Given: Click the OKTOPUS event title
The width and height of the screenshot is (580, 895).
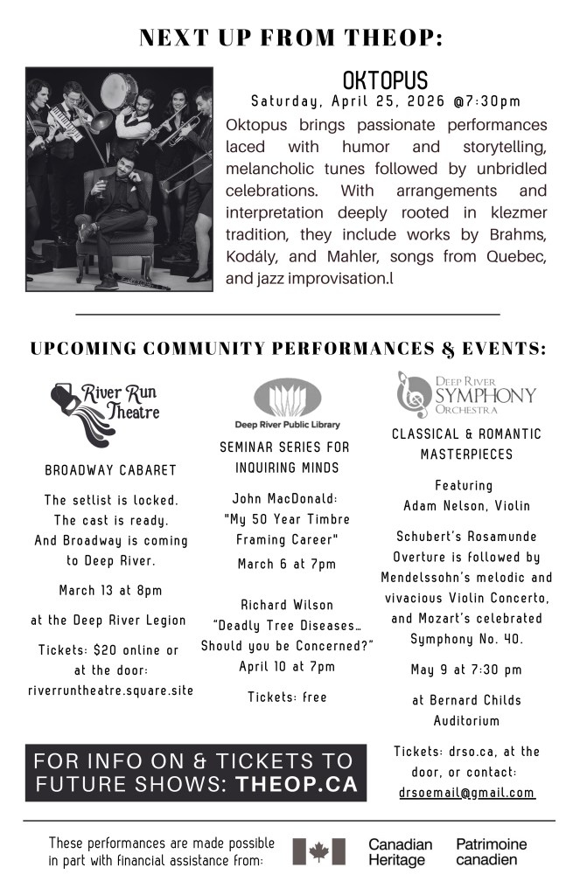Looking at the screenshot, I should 385,81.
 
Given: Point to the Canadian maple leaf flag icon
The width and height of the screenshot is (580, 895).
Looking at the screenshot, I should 318,851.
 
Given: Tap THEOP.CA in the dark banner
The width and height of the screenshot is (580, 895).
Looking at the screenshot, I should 297,785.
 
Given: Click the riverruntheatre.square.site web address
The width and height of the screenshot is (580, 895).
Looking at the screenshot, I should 110,690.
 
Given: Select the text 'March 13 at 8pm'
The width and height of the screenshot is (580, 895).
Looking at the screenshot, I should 110,590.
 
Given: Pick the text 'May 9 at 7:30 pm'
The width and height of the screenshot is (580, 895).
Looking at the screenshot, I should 466,670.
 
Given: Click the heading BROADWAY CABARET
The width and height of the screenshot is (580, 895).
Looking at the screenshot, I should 110,470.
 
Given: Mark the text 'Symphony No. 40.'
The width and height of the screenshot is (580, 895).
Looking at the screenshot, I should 466,640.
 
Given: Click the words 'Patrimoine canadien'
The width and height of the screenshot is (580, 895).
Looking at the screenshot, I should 491,852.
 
